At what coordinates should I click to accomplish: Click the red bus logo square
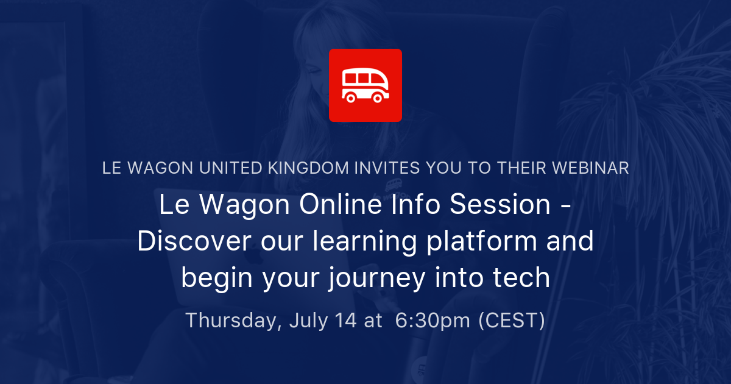[x=365, y=85]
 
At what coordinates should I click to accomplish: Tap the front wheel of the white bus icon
[x=378, y=98]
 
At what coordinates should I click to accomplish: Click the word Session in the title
[x=500, y=204]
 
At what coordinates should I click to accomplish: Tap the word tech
[x=521, y=278]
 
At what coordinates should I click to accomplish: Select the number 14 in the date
[x=345, y=321]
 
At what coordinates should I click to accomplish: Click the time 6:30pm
[x=433, y=321]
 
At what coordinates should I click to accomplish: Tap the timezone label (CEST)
[x=512, y=321]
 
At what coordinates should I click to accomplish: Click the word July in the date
[x=308, y=321]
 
